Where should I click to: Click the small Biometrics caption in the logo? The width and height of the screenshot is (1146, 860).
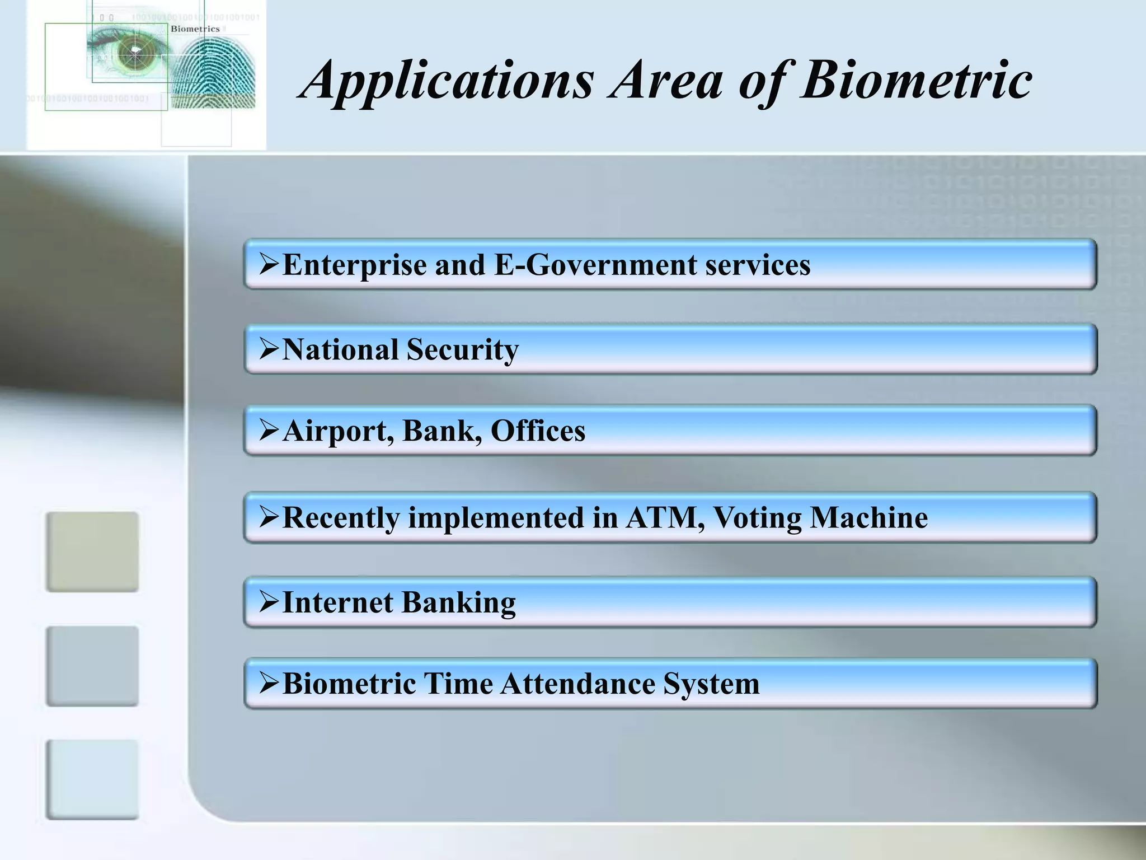[195, 29]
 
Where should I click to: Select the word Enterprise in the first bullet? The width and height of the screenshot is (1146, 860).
[354, 265]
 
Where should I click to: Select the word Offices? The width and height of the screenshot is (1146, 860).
[538, 431]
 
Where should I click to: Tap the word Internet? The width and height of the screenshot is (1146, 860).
[338, 602]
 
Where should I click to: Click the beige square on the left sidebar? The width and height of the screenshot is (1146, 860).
[92, 551]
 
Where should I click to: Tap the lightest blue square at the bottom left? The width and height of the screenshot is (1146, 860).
[92, 779]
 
